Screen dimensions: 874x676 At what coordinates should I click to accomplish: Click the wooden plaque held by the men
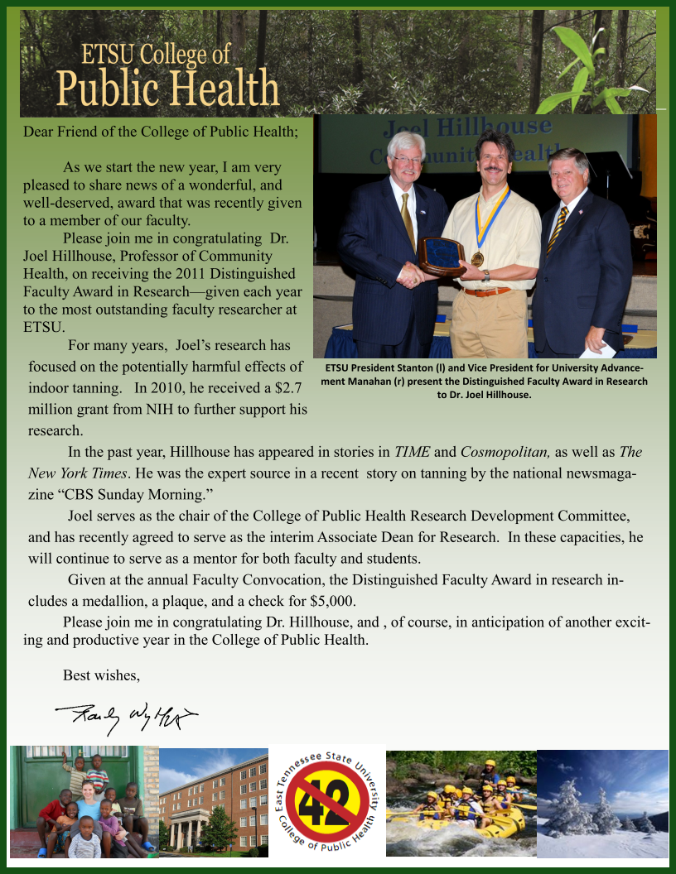(x=441, y=256)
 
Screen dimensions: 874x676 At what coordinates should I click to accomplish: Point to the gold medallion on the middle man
(x=477, y=258)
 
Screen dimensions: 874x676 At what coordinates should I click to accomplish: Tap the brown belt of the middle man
(x=486, y=291)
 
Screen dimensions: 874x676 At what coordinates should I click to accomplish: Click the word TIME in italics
(x=413, y=452)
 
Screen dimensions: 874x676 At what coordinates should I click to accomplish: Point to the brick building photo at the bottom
(x=214, y=801)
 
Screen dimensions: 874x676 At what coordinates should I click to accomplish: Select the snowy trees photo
(x=602, y=803)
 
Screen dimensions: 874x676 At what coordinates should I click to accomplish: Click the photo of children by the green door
(x=84, y=801)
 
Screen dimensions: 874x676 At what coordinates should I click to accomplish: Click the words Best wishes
(x=101, y=675)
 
